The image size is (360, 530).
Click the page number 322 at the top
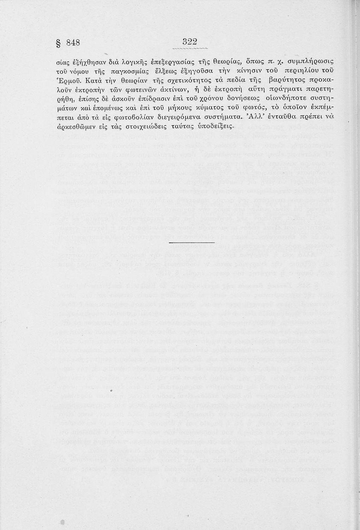pyautogui.click(x=187, y=42)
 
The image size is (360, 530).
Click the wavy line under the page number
pyautogui.click(x=187, y=49)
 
